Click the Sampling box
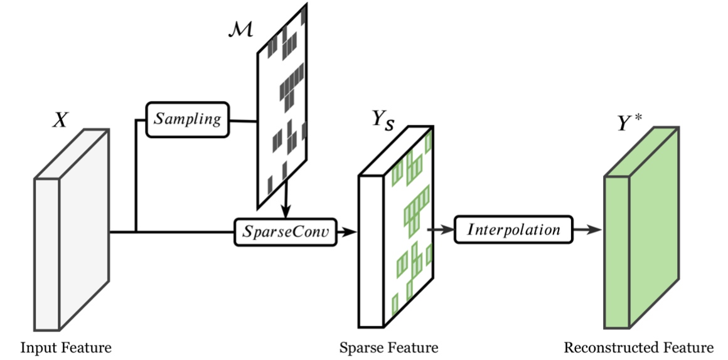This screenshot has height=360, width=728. click(188, 120)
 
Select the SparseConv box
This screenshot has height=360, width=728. click(286, 232)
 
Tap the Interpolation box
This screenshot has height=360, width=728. click(513, 229)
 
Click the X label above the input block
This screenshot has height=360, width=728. click(60, 120)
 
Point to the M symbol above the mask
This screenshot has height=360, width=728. click(240, 29)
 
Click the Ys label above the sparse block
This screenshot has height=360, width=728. click(383, 120)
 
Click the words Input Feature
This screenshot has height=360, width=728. click(66, 347)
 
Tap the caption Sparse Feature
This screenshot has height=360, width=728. click(388, 347)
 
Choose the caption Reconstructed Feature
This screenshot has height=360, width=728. click(638, 347)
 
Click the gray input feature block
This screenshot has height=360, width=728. click(72, 230)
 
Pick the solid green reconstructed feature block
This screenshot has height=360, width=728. click(641, 227)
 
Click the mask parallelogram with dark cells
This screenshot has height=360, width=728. click(282, 106)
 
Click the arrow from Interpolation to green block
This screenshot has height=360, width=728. click(587, 229)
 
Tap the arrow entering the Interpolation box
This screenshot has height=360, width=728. click(441, 229)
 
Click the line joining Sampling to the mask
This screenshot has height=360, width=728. click(244, 121)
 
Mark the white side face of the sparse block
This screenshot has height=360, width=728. click(371, 251)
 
